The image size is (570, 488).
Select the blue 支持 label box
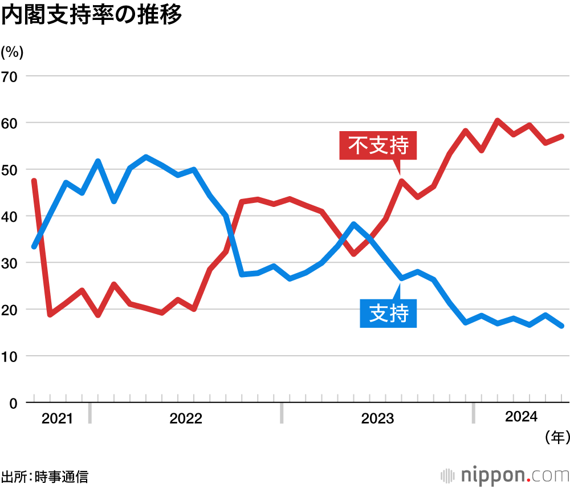coord(388,313)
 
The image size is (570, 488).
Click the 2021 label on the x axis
coord(57,419)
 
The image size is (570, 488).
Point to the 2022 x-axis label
coord(186,419)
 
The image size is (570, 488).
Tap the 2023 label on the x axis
coord(377,419)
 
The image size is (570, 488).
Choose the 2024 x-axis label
coord(521,417)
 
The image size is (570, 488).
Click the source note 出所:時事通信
coord(44,476)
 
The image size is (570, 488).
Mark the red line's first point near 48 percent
coord(34,181)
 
